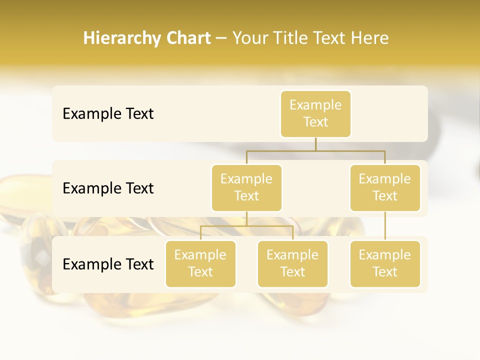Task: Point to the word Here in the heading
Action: coord(369,38)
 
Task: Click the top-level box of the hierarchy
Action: coord(315,113)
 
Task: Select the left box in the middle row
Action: coord(246,187)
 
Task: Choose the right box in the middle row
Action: coord(385,187)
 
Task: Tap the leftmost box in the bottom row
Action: coord(200,263)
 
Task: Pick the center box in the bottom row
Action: coord(292,263)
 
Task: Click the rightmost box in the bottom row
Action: coord(385,263)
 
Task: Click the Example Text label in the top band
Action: coord(108,114)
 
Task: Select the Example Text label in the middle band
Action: coord(108,188)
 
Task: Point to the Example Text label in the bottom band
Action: coord(108,264)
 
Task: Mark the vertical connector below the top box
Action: coord(315,144)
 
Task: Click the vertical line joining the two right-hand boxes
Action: coord(385,226)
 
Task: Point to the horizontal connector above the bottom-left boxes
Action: coord(246,226)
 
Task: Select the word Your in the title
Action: coord(249,38)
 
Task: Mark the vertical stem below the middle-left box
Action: coord(246,218)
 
